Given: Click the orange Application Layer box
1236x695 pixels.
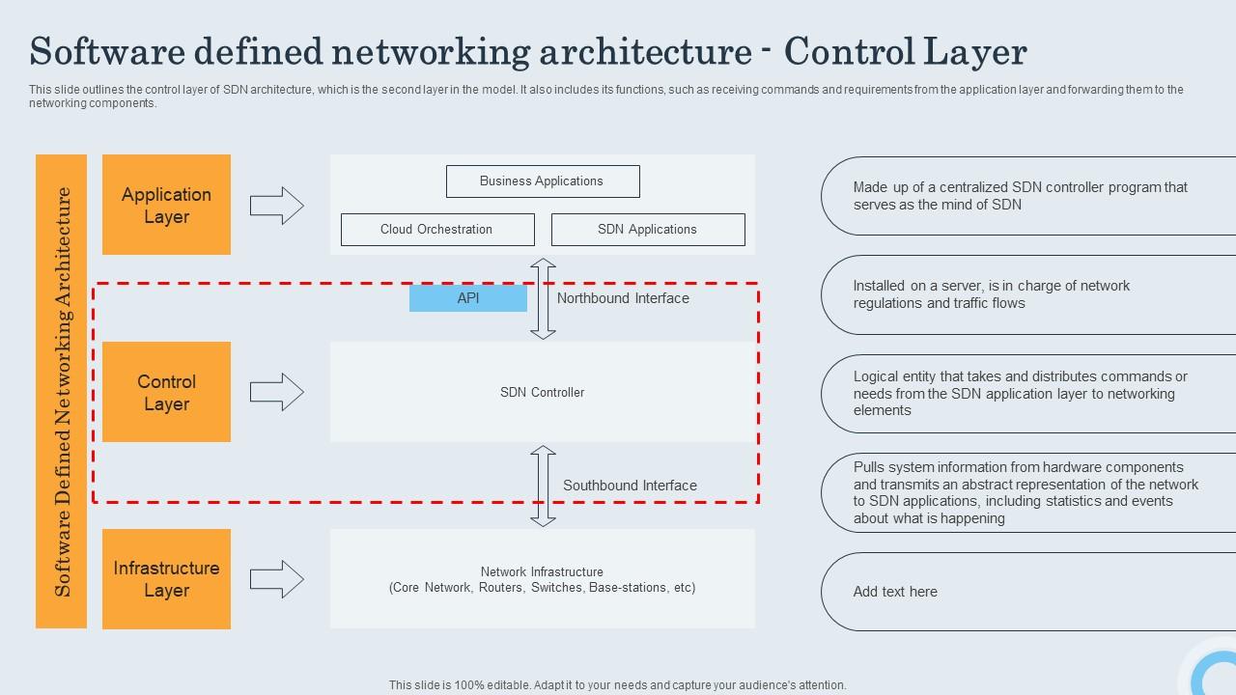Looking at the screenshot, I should click(x=166, y=205).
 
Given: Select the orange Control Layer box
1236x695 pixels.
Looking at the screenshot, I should click(x=166, y=392).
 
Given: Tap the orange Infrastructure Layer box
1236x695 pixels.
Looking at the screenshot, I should click(x=166, y=579).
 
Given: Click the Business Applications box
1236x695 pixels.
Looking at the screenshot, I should click(x=542, y=181).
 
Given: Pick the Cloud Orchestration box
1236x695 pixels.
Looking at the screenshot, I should click(x=436, y=230).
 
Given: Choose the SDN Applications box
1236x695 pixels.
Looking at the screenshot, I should click(x=647, y=230).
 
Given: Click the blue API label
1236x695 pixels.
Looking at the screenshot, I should click(x=468, y=298).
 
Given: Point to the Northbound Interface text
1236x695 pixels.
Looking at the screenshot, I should click(x=623, y=298).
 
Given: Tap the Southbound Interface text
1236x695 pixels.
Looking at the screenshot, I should click(x=630, y=486).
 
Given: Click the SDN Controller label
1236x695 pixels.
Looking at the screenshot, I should click(x=542, y=392).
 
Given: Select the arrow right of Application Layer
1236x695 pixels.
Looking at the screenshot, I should click(x=277, y=206).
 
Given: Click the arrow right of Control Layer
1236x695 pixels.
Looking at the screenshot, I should click(x=277, y=392).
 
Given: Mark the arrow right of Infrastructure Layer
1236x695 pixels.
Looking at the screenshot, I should click(x=277, y=579).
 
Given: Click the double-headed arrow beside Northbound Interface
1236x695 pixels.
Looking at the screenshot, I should click(x=543, y=298).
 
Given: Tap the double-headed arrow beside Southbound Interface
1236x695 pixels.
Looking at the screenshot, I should click(x=543, y=486).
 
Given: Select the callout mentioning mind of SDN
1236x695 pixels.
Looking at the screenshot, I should click(x=1024, y=196).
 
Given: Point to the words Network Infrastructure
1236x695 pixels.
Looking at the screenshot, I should click(x=542, y=571).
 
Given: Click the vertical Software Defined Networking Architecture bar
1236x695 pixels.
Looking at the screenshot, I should click(x=62, y=391).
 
